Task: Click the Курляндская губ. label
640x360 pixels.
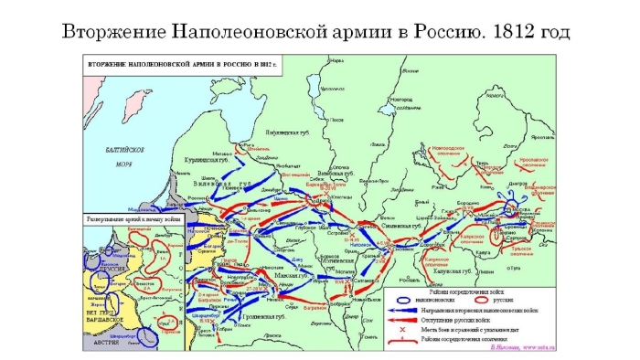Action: [196, 158]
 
